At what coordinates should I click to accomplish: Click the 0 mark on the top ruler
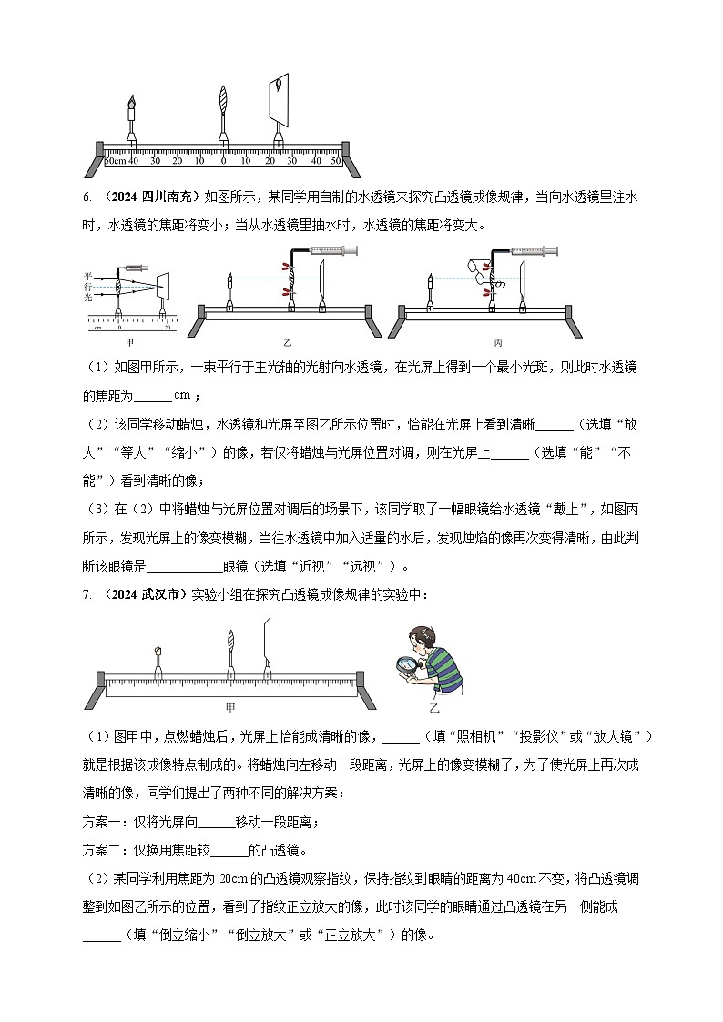(223, 161)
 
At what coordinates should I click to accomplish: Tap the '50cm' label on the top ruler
(115, 161)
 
